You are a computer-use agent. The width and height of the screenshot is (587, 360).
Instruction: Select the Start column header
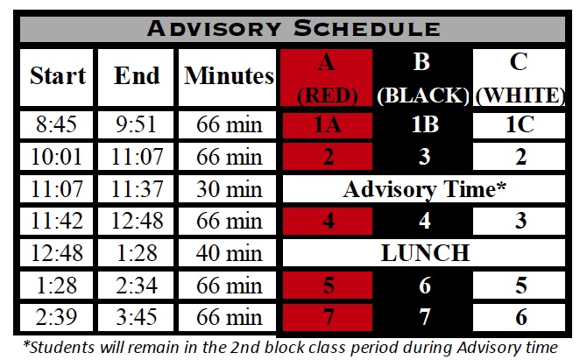point(58,75)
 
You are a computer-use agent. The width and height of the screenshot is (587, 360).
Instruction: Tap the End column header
point(137,75)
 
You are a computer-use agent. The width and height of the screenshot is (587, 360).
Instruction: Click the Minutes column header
point(228,75)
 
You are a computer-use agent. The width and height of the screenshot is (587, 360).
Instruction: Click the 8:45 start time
point(58,125)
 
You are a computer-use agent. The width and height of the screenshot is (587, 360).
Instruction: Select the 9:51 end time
point(137,125)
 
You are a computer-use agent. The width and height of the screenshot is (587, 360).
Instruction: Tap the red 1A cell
point(329,125)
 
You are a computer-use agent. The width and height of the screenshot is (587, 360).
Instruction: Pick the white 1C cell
point(520,125)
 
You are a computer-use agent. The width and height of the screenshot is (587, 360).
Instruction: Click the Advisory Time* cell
point(424,188)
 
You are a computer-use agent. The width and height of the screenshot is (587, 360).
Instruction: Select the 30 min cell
point(228,188)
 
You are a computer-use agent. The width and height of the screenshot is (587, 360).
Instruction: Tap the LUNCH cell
point(424,253)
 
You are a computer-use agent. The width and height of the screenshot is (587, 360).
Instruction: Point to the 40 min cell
point(228,253)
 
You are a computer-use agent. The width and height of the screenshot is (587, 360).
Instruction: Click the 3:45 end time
point(137,316)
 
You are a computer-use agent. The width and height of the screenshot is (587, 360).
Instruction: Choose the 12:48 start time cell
point(58,253)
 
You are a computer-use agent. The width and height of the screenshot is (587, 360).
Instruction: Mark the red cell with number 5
point(329,285)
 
